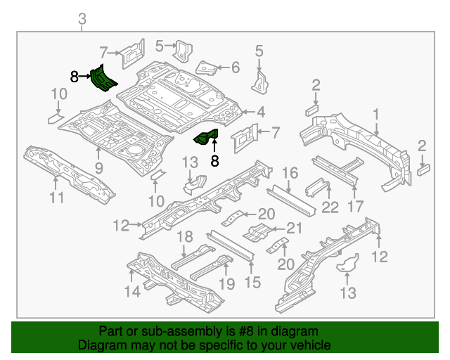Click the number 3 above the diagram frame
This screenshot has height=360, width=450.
click(x=82, y=19)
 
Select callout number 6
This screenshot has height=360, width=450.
click(x=235, y=67)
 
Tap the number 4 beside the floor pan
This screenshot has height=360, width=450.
click(x=260, y=112)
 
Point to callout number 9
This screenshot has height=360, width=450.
click(x=98, y=167)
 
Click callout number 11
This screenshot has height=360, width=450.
click(x=57, y=198)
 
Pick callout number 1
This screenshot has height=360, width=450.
click(x=376, y=114)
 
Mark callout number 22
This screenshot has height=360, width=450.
click(x=330, y=207)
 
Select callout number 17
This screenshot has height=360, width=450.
click(x=356, y=207)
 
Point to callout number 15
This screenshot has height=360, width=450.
click(x=252, y=282)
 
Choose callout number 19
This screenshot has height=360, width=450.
click(x=226, y=284)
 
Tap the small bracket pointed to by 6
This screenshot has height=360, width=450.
click(x=207, y=68)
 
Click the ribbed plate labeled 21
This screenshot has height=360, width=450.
click(x=258, y=231)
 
